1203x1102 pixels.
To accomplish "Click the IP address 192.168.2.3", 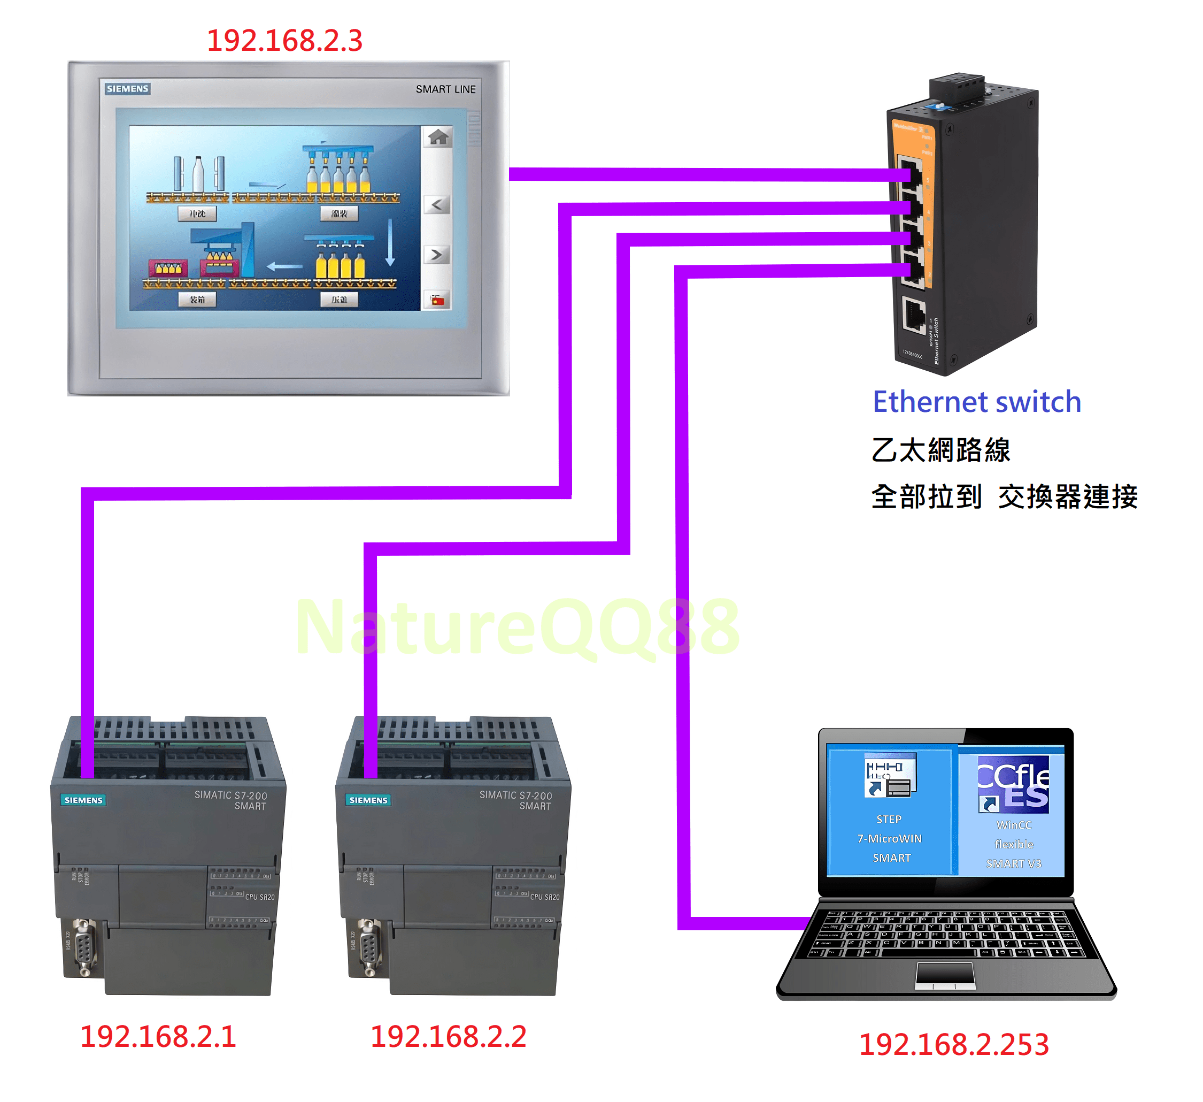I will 284,41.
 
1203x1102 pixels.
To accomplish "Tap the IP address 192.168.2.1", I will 158,1036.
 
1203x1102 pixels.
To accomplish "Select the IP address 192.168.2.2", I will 448,1036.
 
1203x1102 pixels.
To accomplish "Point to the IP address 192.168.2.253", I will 953,1045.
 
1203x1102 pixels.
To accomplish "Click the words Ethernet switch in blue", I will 977,402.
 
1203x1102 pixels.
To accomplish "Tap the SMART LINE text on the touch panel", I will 445,89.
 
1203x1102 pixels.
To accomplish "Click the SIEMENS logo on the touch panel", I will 127,89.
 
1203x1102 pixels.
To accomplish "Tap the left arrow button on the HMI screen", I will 437,205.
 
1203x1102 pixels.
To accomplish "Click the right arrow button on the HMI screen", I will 437,255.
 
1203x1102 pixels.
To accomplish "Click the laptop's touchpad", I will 946,975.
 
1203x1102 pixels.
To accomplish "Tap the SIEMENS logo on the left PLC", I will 83,800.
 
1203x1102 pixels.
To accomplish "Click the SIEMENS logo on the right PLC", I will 368,800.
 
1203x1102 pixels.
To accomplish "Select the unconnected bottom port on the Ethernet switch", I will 914,315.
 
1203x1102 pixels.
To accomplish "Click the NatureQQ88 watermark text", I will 518,627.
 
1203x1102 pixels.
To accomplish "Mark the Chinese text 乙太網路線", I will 940,450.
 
